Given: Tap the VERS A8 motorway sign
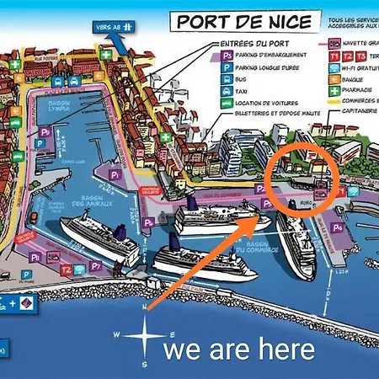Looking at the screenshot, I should (113, 26).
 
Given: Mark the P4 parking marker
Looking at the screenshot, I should (338, 227).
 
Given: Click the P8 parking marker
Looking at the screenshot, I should (35, 257).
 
